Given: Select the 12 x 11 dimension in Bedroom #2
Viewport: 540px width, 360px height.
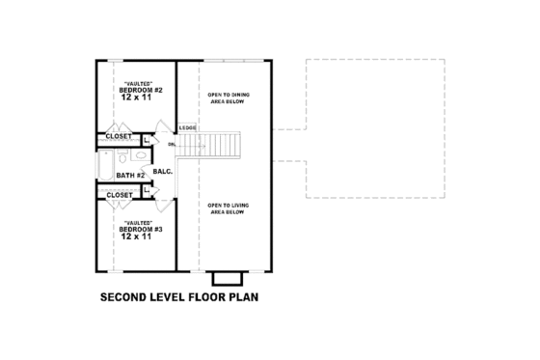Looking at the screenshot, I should pos(136,98).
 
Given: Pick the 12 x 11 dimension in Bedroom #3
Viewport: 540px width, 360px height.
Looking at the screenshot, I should pos(136,237).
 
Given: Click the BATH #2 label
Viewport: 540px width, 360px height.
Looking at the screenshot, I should pos(129,176).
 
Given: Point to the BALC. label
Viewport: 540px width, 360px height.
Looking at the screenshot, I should pos(162,172).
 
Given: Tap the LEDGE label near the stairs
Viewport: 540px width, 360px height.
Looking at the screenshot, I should pos(187,126).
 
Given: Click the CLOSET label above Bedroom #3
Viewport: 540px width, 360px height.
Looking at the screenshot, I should pos(120,195).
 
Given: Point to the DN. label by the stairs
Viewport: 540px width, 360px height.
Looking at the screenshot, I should pos(173,145).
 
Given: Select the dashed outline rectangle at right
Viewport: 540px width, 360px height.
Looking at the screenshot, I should pos(376,129).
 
